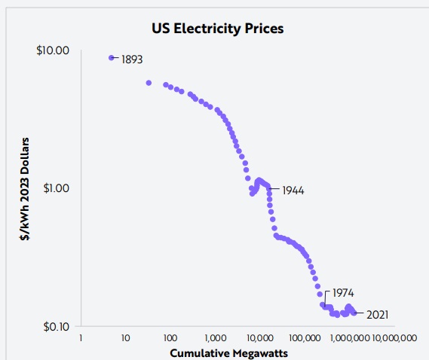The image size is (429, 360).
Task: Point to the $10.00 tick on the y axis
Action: point(54,50)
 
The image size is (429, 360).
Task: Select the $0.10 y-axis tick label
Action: point(55,326)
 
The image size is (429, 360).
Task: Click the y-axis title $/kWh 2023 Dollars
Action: point(25,188)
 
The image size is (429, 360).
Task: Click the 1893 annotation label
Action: point(132,59)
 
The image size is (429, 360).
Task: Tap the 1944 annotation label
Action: point(293,191)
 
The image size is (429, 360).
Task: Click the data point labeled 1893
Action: point(112,57)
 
